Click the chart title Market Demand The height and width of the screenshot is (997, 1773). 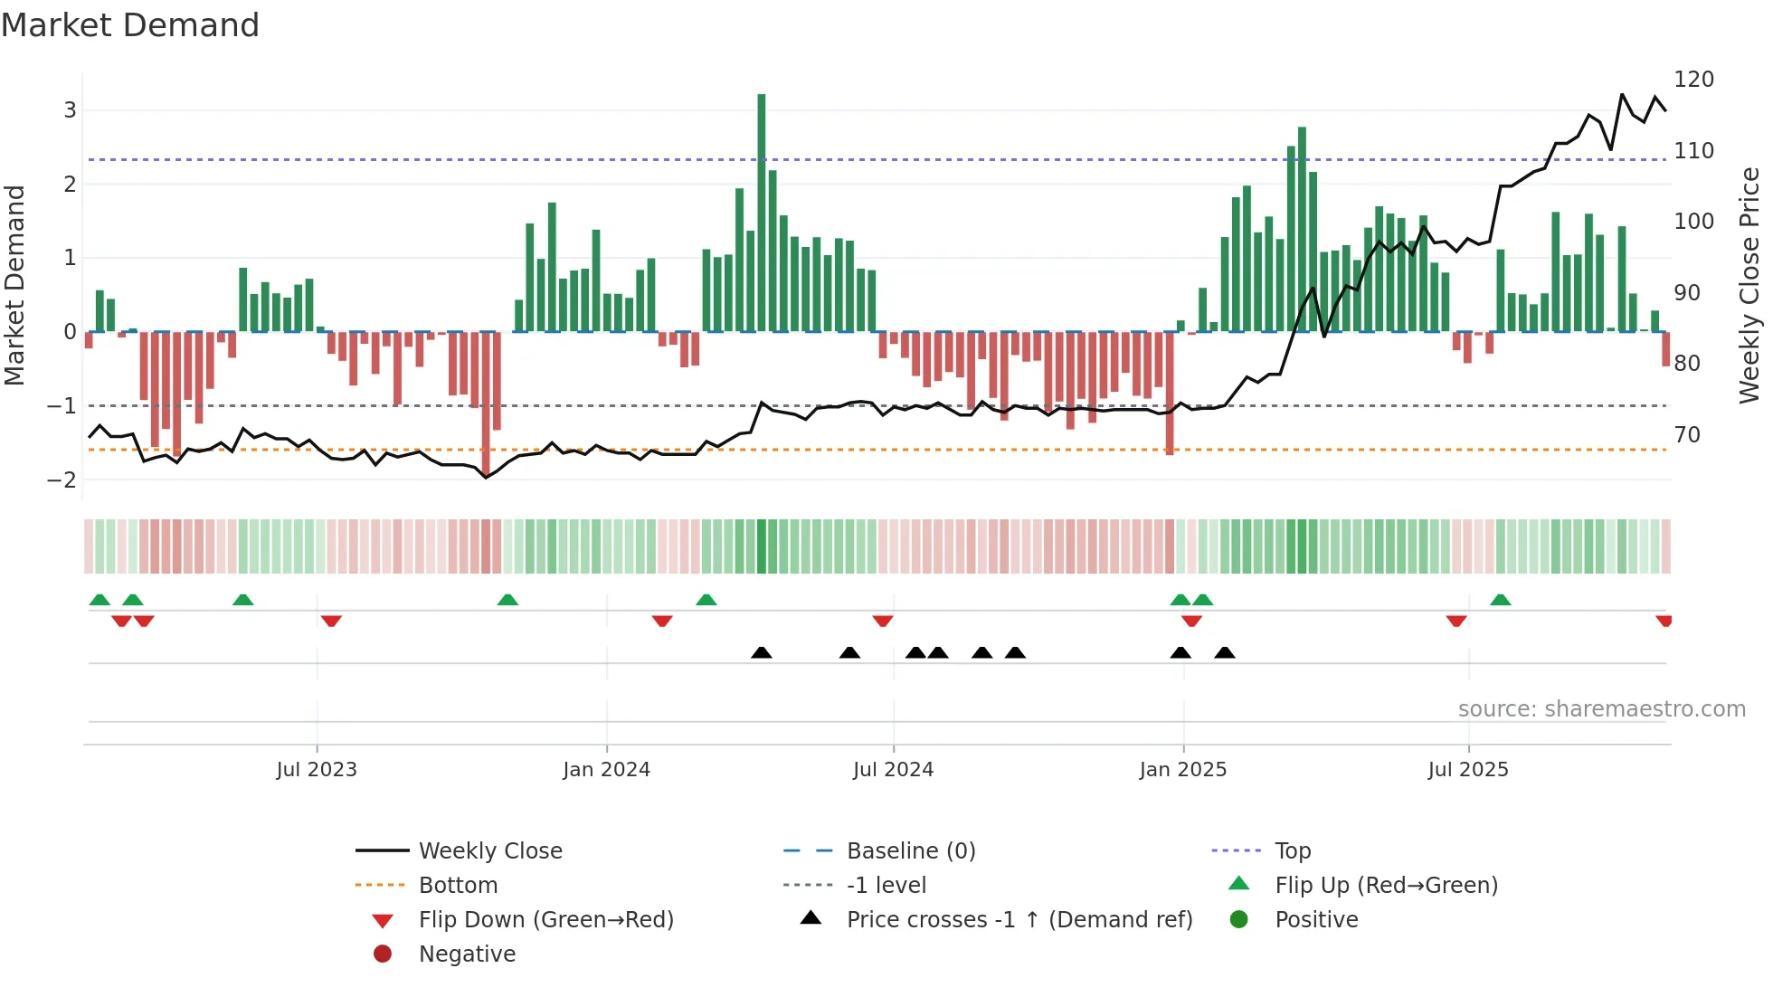pos(130,25)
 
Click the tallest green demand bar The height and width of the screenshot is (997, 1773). pos(762,213)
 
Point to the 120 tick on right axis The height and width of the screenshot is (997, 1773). pos(1693,80)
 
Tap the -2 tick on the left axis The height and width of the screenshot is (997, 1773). pos(62,480)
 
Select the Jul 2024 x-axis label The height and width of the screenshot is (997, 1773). pos(893,770)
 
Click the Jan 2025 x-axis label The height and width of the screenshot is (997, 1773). pos(1182,770)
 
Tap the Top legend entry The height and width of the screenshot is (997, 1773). pos(1293,851)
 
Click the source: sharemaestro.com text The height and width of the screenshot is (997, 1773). pos(1601,709)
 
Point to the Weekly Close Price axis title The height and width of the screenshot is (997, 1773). pos(1750,285)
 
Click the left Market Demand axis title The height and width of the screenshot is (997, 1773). pos(14,285)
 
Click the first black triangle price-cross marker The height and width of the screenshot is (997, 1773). pos(762,653)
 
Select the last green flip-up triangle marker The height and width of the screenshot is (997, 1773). pos(1500,600)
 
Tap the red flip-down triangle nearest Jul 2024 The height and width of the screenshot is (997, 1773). pos(883,621)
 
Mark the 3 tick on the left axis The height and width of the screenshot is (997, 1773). pos(70,110)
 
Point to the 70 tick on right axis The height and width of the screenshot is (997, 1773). pos(1687,435)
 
